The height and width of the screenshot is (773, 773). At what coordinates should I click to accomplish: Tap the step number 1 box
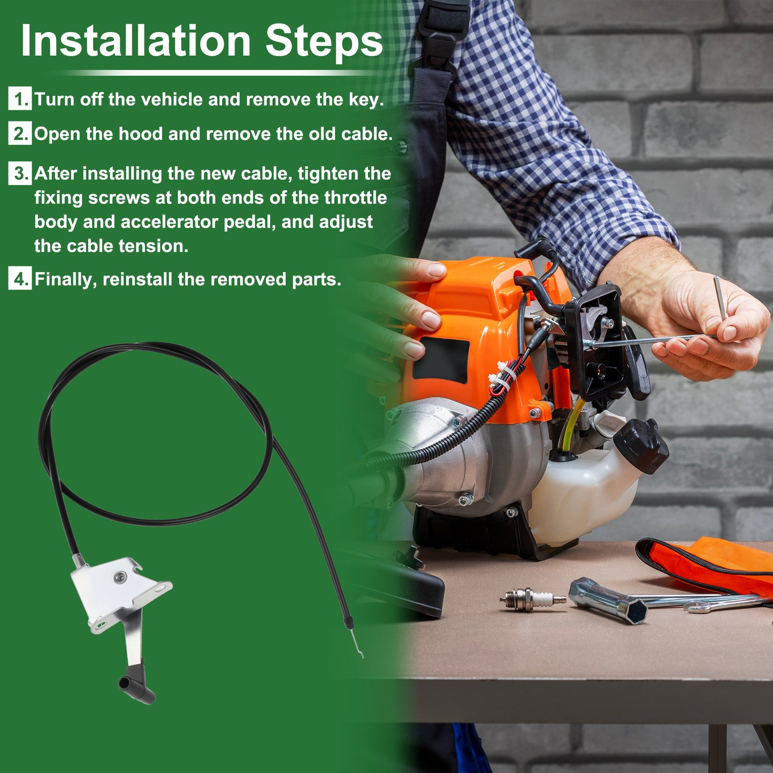(20, 98)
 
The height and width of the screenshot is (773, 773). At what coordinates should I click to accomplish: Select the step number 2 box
(20, 133)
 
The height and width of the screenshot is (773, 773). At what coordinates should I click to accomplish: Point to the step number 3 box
(20, 173)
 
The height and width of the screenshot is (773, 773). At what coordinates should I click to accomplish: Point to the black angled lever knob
(137, 687)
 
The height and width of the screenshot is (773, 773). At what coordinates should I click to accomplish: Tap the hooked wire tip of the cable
(357, 644)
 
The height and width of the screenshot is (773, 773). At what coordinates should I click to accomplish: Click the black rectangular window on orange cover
(441, 360)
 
